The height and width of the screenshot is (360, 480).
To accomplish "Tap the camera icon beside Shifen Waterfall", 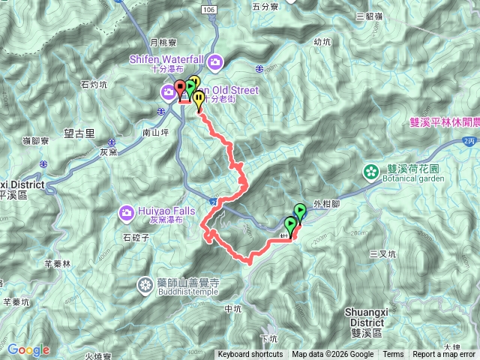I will tap(216, 61).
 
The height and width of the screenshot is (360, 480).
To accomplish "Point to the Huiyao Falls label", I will tap(164, 210).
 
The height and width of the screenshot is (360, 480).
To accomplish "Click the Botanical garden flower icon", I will tap(370, 172).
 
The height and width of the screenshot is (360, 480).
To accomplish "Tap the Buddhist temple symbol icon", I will tap(144, 285).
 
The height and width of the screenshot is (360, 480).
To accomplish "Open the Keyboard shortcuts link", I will tap(250, 355).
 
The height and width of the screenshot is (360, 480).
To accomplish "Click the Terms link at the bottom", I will tap(393, 355).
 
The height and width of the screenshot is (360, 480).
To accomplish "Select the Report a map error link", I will tap(444, 355).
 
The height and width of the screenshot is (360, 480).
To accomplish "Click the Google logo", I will tap(28, 349).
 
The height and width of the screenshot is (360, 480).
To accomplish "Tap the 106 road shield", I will tap(208, 7).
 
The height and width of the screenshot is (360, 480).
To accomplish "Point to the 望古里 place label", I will tap(79, 133).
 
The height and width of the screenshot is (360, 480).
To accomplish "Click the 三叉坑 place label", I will tap(382, 254).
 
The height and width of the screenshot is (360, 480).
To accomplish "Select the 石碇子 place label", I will tap(137, 238).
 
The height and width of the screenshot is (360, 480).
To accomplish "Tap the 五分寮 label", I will tap(265, 6).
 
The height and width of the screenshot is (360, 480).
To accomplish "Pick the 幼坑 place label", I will tap(322, 42).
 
